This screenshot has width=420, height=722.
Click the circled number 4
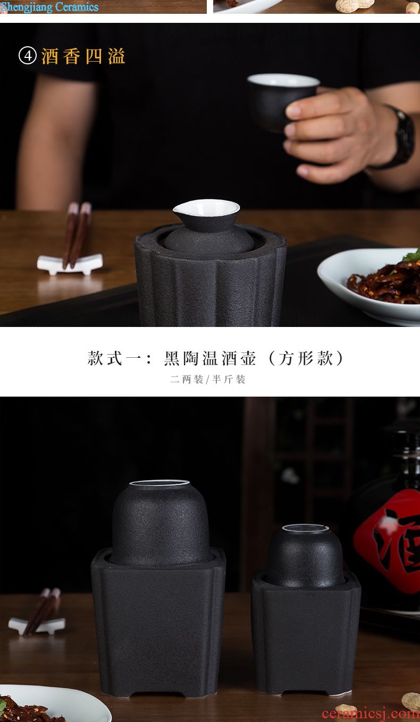[28, 56]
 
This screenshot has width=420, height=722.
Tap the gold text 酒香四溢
[83, 56]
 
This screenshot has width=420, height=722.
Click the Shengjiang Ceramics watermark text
[49, 7]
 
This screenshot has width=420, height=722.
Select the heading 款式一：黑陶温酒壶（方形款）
[216, 358]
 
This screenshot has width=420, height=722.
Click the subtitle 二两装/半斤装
[207, 380]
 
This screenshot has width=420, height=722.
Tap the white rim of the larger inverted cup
[159, 483]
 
